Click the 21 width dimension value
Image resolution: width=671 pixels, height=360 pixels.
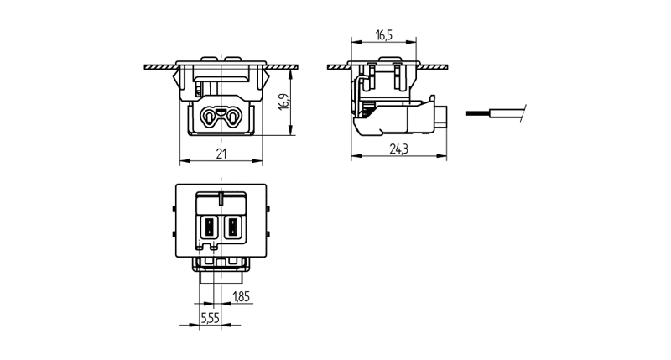click(222, 154)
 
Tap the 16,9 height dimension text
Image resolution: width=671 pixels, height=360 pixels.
click(285, 100)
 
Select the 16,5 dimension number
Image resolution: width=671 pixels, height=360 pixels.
click(384, 35)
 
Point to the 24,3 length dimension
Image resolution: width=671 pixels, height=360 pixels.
click(399, 149)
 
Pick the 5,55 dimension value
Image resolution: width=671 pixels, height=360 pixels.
click(211, 319)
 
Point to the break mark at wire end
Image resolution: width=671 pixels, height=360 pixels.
click(523, 112)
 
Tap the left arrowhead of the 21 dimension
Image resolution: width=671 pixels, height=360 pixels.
click(184, 160)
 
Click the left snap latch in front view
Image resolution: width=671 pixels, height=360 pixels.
click(179, 81)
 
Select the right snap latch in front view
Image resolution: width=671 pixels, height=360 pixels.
click(266, 81)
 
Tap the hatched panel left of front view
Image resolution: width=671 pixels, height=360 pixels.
click(159, 65)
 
